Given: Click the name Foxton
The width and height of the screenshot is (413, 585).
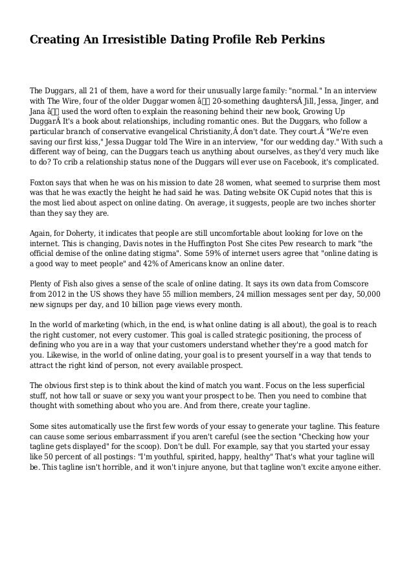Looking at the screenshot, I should point(43,183).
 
